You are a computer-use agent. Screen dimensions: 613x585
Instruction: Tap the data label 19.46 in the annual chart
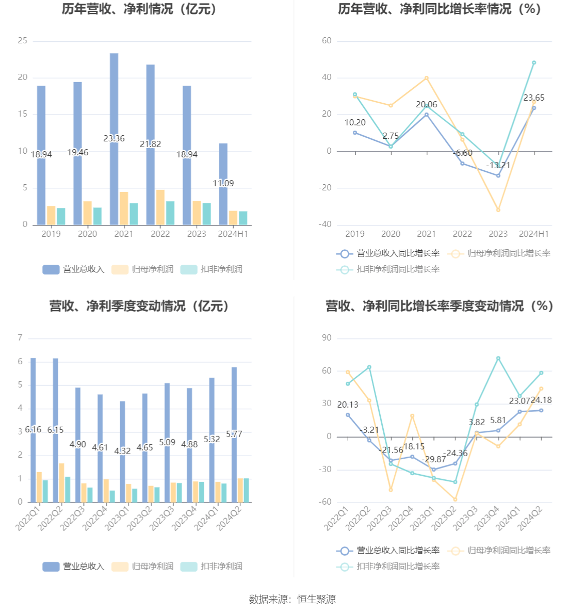pos(78,153)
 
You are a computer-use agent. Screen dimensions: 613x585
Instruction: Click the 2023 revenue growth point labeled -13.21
pos(498,176)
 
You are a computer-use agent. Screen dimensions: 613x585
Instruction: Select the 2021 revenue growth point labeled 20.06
pos(427,115)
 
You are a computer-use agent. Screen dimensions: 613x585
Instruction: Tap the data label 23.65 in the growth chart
pos(534,98)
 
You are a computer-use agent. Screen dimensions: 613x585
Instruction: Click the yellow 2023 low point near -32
pos(498,210)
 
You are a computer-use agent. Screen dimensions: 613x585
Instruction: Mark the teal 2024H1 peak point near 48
pos(534,63)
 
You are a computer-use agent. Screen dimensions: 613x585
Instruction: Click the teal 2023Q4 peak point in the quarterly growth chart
pos(498,358)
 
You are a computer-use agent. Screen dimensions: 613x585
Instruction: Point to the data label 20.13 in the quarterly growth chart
pos(348,405)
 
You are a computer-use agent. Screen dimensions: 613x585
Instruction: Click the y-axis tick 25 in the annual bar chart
pos(23,41)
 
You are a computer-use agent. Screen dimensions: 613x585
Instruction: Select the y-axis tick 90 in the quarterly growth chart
pos(327,338)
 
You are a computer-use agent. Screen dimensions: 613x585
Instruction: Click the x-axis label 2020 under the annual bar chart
pos(87,234)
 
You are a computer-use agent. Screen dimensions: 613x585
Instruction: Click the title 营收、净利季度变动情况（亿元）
pos(140,306)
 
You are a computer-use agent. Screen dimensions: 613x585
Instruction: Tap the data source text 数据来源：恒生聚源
pos(293,599)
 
